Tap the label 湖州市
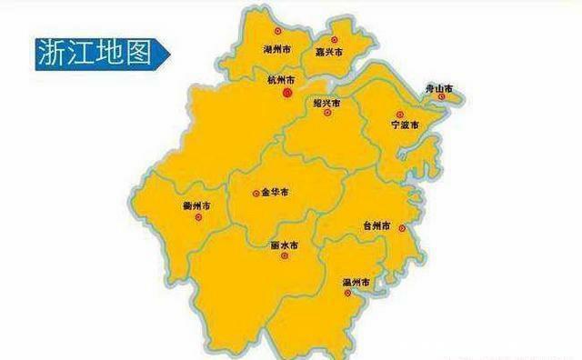coord(276,46)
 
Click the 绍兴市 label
coord(327,105)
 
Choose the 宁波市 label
coord(406,124)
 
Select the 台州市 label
coord(376,225)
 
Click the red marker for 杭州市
coord(287,92)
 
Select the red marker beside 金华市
coord(255,193)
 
